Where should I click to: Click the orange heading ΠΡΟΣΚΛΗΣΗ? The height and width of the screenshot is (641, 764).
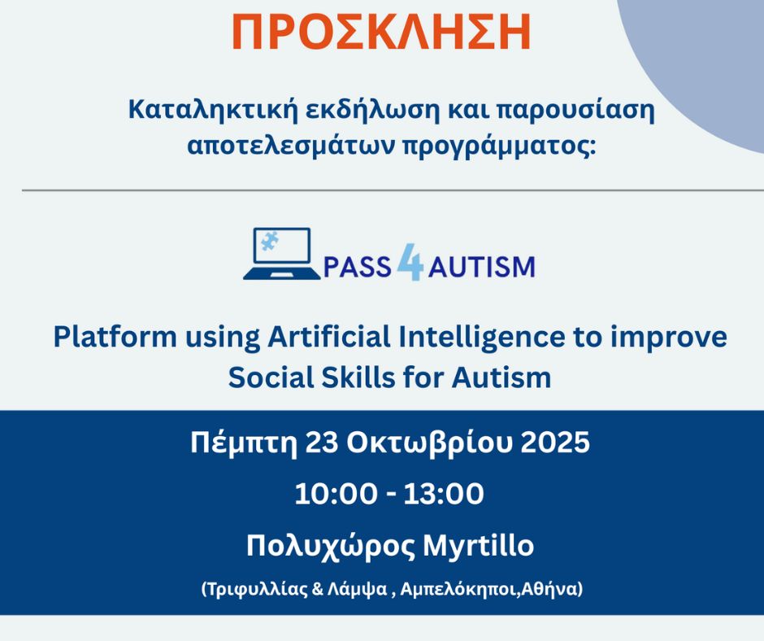[x=381, y=33]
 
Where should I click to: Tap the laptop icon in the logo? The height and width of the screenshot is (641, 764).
[x=282, y=254]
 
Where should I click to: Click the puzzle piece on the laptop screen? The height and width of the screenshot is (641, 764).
[x=267, y=241]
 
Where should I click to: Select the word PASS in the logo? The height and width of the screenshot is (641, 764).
[x=357, y=268]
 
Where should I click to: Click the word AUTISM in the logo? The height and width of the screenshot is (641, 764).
[x=481, y=268]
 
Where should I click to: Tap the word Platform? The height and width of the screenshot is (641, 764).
[x=115, y=337]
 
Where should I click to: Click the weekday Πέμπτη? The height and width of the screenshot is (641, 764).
[x=244, y=444]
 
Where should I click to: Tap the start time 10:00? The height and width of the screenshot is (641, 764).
[x=336, y=494]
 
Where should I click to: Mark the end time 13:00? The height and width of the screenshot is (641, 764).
[x=444, y=494]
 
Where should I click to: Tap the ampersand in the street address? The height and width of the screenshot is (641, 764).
[x=317, y=589]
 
